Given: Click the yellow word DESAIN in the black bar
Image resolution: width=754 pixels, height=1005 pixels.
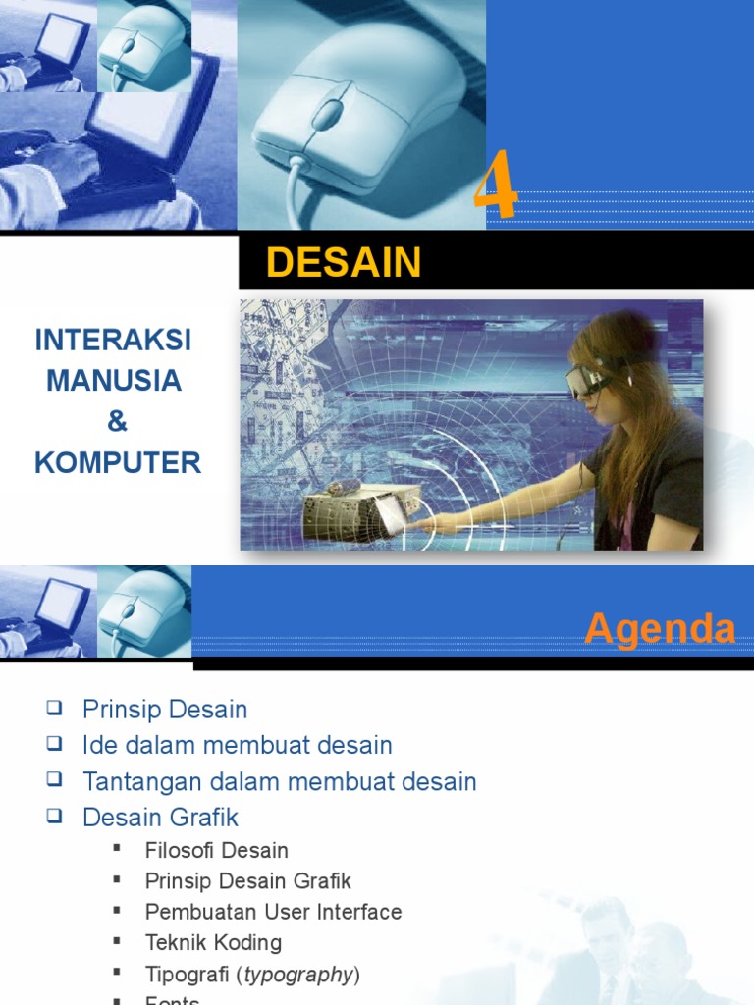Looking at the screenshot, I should coord(344,263).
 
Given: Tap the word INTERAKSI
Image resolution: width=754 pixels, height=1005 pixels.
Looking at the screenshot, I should coord(113,341).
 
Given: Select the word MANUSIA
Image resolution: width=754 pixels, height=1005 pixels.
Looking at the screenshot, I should coord(114,381).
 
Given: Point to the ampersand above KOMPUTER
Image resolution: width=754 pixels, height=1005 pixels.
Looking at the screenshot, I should coord(117,422).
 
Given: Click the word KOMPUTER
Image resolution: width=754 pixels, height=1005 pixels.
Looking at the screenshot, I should coord(118,463).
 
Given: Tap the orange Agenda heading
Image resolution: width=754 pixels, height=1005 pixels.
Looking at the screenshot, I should coord(660,629).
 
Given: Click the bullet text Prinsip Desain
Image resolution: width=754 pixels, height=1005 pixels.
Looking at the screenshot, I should coord(165,710).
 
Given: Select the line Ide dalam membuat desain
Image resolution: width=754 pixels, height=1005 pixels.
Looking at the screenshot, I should coord(238,745).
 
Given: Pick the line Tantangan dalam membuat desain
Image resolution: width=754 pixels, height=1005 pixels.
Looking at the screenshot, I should coord(280,781).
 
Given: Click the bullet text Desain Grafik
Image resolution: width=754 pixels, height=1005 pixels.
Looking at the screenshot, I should coord(161,817).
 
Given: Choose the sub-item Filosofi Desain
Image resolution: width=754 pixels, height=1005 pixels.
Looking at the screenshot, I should coord(217,850).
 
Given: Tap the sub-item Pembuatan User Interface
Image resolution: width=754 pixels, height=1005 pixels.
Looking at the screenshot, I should coord(273,912).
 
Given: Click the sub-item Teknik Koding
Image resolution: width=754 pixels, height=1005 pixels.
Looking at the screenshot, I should coord(213,942).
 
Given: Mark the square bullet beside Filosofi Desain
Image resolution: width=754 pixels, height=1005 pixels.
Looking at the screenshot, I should coord(117,848).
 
